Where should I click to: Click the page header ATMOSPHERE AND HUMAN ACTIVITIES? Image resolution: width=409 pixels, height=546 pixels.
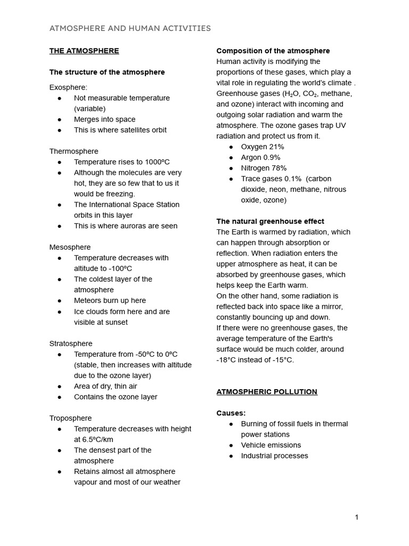tap(130, 28)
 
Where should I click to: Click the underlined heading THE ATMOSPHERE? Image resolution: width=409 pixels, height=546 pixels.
tap(84, 51)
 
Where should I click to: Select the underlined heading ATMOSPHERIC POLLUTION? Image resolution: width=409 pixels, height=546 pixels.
tap(266, 392)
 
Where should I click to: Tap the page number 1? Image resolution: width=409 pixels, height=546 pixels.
tap(357, 517)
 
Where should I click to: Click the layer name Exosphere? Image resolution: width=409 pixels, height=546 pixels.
tap(68, 87)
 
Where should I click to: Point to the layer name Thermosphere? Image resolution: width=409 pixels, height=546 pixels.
tap(73, 151)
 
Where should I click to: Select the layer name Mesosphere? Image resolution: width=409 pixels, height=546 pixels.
tap(70, 247)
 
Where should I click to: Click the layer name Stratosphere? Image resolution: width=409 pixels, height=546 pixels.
tap(71, 343)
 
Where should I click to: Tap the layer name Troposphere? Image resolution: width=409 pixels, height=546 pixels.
tap(70, 418)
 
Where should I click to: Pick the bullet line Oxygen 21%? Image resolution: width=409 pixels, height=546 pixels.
tap(263, 147)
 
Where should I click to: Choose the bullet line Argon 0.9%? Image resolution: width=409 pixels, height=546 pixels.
tap(260, 157)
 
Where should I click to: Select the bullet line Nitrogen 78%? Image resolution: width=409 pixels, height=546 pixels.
tap(264, 168)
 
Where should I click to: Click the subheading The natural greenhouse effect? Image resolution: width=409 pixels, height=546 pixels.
tap(270, 221)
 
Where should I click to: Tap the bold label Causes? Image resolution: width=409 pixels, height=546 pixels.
tap(231, 413)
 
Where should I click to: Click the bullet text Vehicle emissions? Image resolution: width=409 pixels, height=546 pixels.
tap(271, 445)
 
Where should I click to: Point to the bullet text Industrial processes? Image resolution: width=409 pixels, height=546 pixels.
tap(274, 456)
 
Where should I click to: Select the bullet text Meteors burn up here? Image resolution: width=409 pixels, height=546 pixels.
tap(110, 301)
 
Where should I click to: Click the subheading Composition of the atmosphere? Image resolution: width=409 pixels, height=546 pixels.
tap(273, 51)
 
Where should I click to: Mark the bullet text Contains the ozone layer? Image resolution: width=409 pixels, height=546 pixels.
tap(116, 397)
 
